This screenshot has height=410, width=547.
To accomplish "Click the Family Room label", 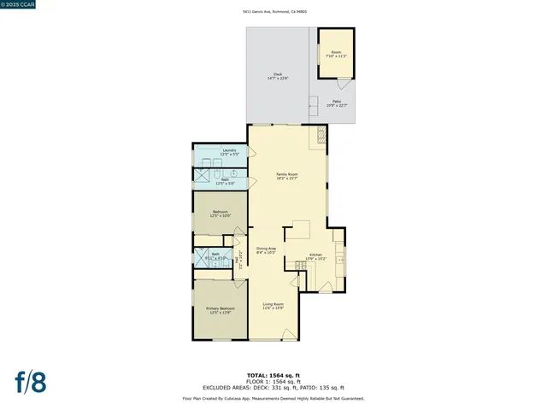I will click(x=286, y=176).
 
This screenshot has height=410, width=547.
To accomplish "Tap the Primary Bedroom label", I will click(x=220, y=311).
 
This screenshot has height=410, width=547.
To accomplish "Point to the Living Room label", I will click(x=273, y=306).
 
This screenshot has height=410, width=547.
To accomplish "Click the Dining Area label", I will click(x=266, y=250).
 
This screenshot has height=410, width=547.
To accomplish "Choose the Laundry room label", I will click(x=229, y=152).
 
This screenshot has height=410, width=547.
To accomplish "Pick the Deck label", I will click(x=278, y=76).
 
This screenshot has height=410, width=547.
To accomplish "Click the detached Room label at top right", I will click(x=335, y=54).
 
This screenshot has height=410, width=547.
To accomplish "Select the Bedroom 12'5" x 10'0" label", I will click(x=221, y=214).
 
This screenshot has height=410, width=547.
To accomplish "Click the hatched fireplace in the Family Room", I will click(x=321, y=134).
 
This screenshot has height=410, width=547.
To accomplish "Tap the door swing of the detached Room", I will click(x=344, y=84).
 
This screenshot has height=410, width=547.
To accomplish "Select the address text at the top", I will click(x=273, y=11).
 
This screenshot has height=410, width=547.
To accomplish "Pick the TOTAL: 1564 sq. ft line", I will click(x=273, y=375).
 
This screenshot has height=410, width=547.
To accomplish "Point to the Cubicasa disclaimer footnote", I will click(x=273, y=398).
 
